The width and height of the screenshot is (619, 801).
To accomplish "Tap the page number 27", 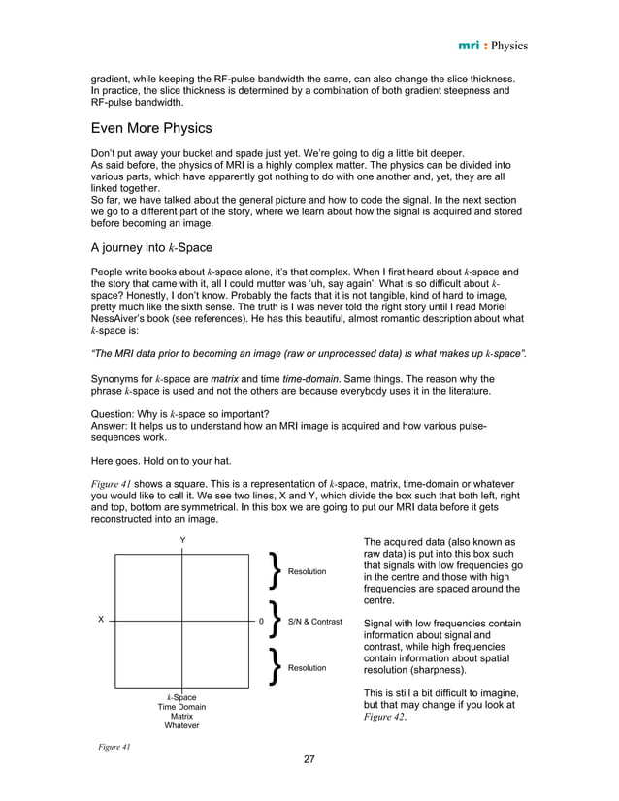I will (309, 759).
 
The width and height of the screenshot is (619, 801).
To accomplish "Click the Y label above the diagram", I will (181, 540).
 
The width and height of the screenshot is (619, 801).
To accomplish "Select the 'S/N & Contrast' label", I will (315, 620).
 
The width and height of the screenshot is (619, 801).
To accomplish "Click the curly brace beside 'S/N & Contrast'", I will (277, 620).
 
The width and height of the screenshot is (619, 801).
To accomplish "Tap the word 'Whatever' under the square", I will (181, 725).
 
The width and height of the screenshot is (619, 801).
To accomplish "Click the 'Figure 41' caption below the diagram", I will (113, 747).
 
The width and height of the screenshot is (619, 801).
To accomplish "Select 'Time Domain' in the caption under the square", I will (181, 707).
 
